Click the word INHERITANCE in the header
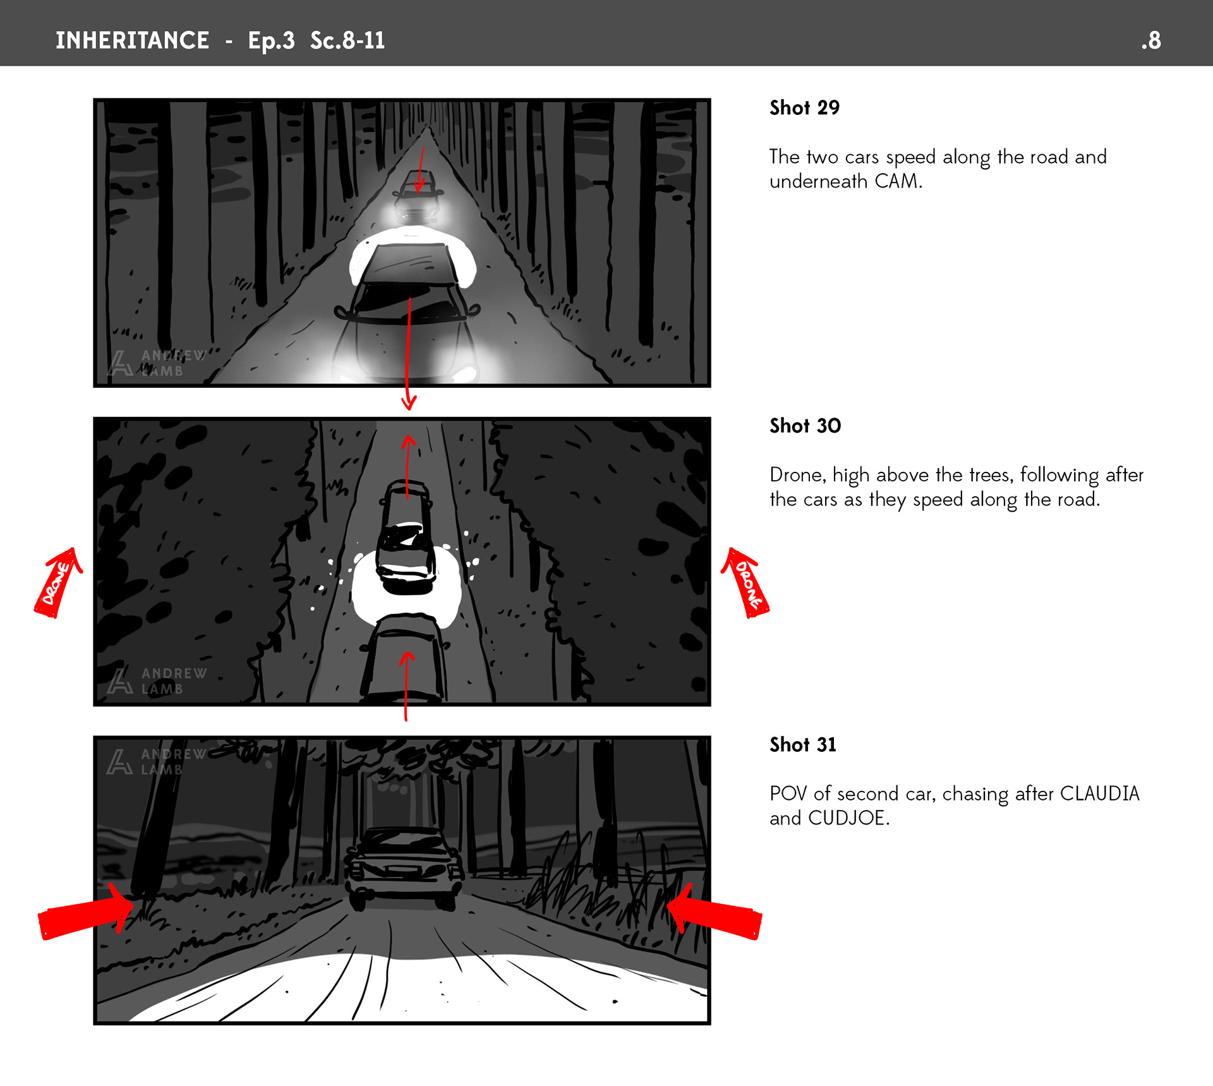tap(132, 40)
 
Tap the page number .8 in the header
tap(1151, 40)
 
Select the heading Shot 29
tap(804, 108)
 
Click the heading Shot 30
tap(805, 426)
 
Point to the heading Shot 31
tap(802, 745)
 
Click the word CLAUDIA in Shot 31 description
tap(1099, 793)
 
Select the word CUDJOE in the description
tap(848, 818)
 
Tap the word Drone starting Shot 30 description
tap(797, 475)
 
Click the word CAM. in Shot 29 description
tap(898, 181)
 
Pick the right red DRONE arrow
tap(745, 583)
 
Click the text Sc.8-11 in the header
tap(347, 40)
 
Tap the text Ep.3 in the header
tap(271, 41)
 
